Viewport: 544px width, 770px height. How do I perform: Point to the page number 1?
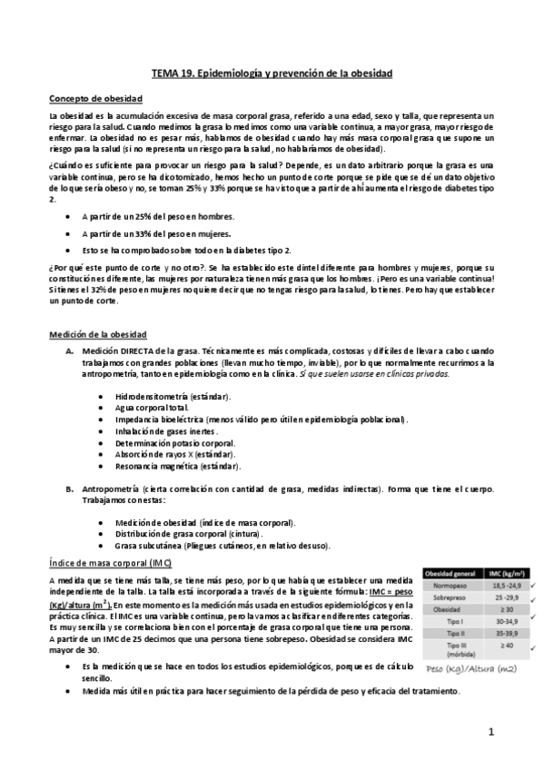(x=490, y=731)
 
